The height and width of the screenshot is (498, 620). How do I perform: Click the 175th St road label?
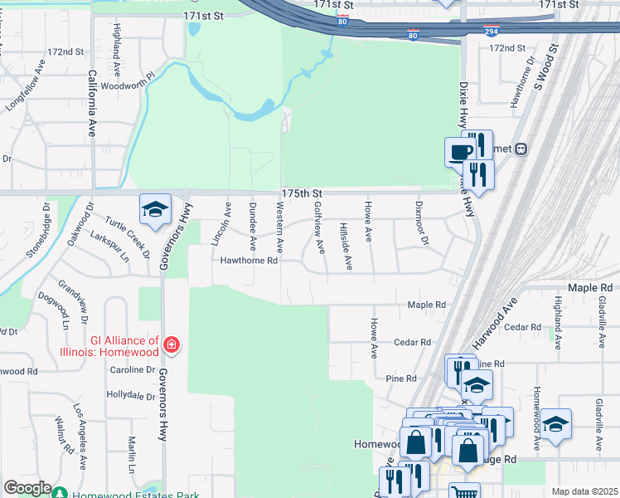(x=299, y=193)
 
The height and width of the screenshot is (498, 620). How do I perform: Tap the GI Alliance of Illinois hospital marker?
(x=171, y=344)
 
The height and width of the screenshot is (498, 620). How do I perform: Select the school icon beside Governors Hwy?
(x=155, y=210)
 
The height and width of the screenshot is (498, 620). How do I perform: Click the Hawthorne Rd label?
(x=248, y=260)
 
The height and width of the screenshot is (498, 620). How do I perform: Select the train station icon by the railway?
(x=521, y=149)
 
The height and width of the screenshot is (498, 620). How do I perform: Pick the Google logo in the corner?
(x=27, y=488)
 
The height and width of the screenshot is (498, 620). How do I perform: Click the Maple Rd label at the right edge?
(x=589, y=287)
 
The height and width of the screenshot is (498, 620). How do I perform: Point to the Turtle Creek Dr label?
(x=125, y=232)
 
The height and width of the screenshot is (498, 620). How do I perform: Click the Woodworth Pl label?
(x=128, y=85)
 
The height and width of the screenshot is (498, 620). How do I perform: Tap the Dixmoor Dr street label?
(x=423, y=231)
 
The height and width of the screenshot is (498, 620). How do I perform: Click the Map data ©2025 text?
(x=584, y=491)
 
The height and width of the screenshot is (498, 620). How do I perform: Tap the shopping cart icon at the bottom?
(x=464, y=492)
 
